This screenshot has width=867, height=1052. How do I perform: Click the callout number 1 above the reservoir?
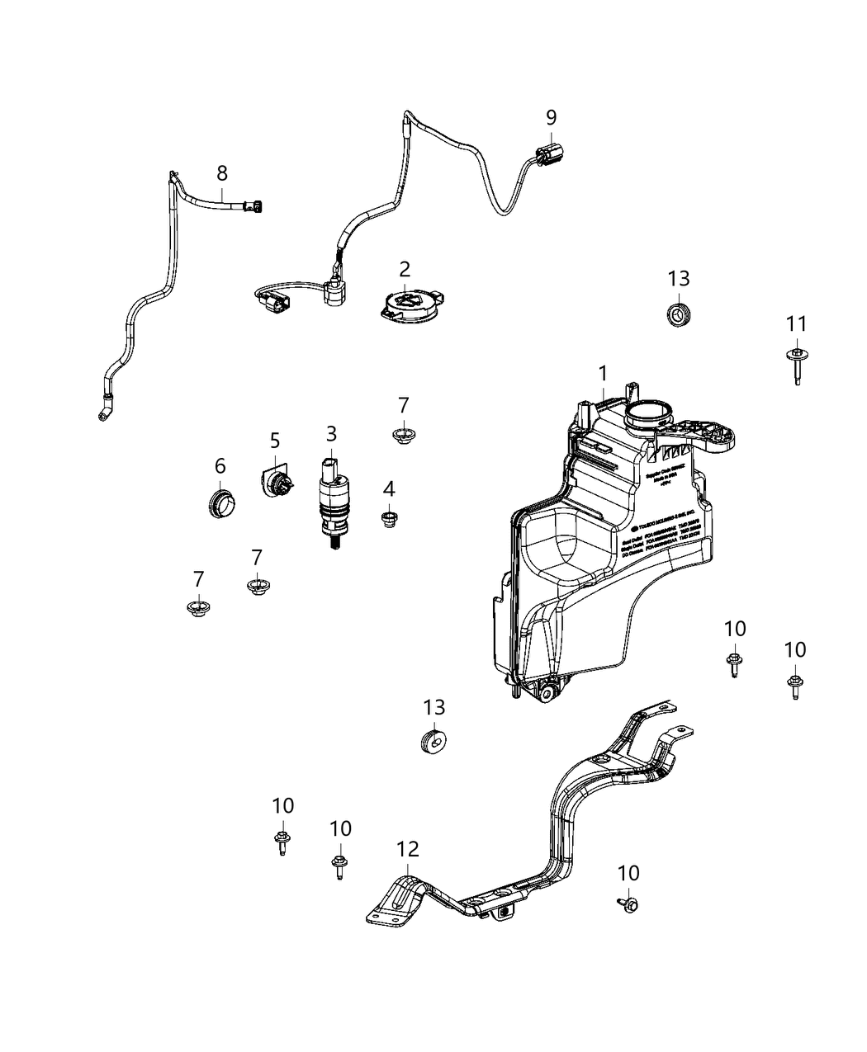point(603,373)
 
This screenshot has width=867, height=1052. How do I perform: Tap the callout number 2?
point(405,269)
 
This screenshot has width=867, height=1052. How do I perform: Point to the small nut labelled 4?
point(389,519)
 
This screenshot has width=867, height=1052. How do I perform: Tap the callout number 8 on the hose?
point(222,173)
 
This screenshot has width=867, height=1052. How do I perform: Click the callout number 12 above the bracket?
point(408,849)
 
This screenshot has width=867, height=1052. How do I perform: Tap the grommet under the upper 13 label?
point(678,314)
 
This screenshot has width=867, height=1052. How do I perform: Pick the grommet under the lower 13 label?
point(434,740)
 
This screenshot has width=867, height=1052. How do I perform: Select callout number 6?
point(220,466)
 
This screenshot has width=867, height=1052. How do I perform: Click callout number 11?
point(796,324)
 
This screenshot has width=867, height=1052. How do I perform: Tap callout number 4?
point(389,489)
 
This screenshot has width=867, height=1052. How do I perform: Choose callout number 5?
point(275,441)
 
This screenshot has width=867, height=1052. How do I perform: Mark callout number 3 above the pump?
point(331,433)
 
